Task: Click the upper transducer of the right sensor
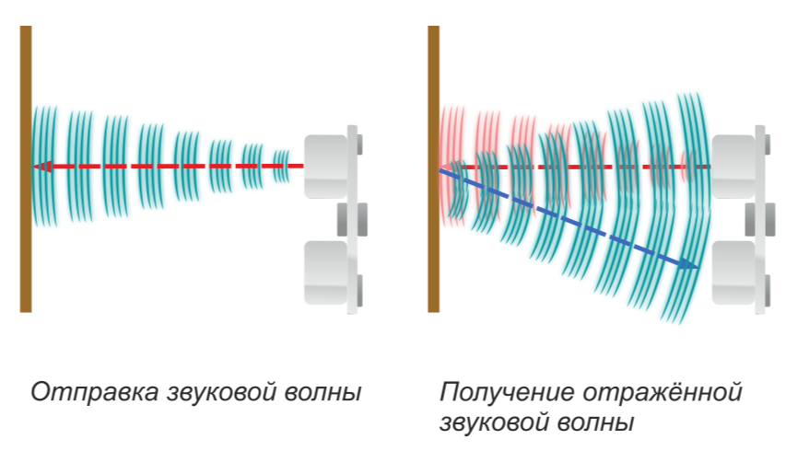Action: (x=733, y=166)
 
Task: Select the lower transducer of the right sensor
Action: (x=733, y=272)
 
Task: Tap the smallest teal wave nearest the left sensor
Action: (x=281, y=167)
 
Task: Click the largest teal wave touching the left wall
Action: (x=46, y=167)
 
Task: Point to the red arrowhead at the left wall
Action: (x=40, y=167)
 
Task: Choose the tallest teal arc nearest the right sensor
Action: (x=690, y=207)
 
